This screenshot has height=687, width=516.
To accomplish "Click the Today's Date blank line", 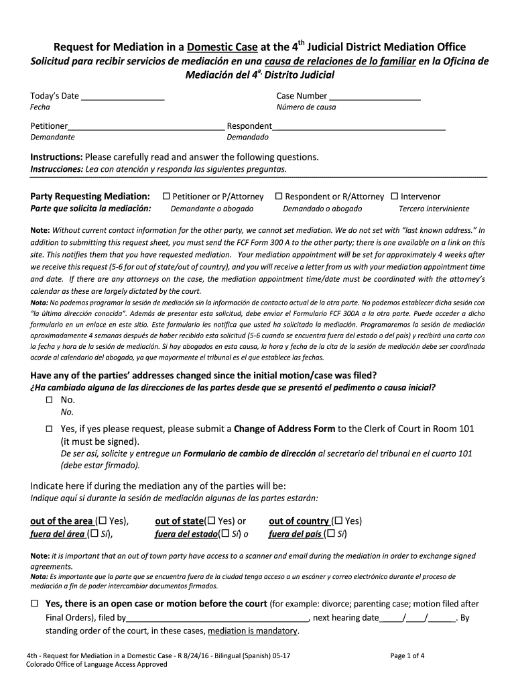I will point(123,98).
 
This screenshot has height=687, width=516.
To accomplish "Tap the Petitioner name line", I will point(146,127).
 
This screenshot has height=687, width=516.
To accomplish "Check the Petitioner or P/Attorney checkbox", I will point(166,197).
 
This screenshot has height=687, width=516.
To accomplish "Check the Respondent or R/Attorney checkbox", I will point(279,197).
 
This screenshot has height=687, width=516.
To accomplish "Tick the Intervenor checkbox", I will point(395,197).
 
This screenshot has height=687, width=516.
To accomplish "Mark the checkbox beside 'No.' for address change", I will point(49,399).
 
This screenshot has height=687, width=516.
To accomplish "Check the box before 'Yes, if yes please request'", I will point(49,429).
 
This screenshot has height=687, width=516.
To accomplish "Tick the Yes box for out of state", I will point(211,521).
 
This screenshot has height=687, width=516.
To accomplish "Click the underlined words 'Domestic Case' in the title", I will point(219,48).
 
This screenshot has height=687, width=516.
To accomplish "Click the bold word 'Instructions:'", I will point(56,157).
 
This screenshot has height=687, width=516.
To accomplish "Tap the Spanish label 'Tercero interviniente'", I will point(434,209).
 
